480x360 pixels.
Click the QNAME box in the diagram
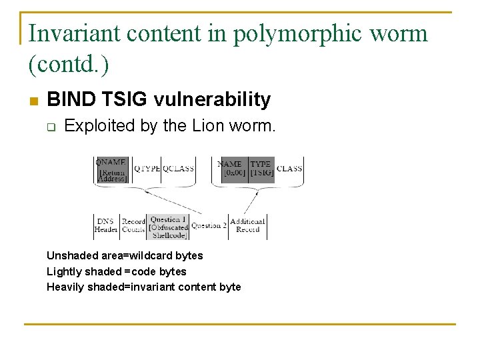point(111,169)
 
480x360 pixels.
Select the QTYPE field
point(147,169)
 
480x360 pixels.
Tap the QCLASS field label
point(178,169)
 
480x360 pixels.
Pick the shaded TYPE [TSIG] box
point(261,169)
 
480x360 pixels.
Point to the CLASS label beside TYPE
point(289,169)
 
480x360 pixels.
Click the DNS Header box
point(106,225)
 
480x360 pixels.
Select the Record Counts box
point(133,225)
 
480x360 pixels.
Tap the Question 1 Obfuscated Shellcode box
point(169,227)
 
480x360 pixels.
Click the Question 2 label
point(209,225)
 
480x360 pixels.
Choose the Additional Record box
point(247,225)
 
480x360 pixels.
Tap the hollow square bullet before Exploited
point(51,126)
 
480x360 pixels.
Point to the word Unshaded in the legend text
point(69,255)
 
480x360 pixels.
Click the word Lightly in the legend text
point(62,271)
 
